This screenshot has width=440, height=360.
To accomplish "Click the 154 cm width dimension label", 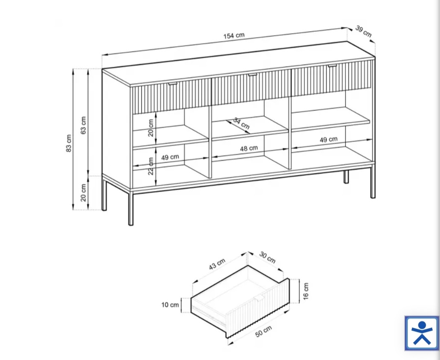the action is click(x=234, y=35).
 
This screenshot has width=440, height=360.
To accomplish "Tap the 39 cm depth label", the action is click(x=364, y=31).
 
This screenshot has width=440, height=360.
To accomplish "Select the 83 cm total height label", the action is click(x=69, y=143).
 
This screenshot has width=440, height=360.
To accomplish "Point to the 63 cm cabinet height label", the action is click(x=84, y=125).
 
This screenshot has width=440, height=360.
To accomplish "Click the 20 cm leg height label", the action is click(x=84, y=193).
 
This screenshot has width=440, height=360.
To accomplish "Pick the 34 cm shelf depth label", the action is click(x=241, y=123).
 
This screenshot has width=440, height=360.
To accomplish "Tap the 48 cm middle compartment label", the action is click(x=249, y=148).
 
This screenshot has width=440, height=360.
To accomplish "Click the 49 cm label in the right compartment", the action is click(x=329, y=139).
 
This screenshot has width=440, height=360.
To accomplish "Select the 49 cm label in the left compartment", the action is click(x=170, y=157).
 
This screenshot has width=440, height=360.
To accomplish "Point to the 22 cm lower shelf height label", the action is click(x=151, y=166).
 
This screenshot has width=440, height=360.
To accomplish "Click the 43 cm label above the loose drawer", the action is click(x=217, y=264).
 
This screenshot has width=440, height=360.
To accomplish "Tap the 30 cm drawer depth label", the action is click(x=267, y=257).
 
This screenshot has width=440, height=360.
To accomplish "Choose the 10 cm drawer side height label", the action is click(x=170, y=305).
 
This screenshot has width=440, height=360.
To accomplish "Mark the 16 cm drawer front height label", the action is click(x=306, y=291).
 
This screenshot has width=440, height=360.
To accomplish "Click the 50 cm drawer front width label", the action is click(x=264, y=331).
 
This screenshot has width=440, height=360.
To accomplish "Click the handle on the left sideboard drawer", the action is click(x=173, y=83).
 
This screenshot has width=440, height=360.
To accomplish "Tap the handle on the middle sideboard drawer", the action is click(x=253, y=75).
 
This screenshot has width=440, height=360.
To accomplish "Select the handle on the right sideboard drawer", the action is click(x=332, y=66).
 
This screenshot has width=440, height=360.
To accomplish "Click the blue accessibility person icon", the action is click(x=422, y=334).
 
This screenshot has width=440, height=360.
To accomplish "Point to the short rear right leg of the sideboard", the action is click(x=346, y=177).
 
